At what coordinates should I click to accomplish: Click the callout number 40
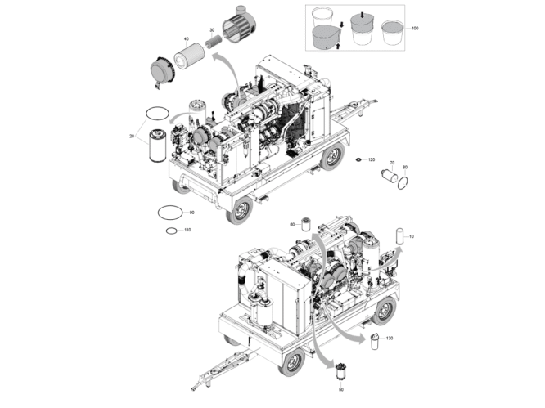pyautogui.click(x=187, y=39)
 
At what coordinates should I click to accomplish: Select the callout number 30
pyautogui.click(x=211, y=30)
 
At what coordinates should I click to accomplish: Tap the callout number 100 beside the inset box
pyautogui.click(x=415, y=29)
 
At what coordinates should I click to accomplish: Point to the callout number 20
pyautogui.click(x=132, y=136)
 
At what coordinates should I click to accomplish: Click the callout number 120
pyautogui.click(x=371, y=159)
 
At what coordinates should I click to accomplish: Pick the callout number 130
pyautogui.click(x=390, y=338)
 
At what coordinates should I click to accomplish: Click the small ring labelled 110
pyautogui.click(x=170, y=231)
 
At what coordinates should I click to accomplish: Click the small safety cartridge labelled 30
pyautogui.click(x=211, y=46)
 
